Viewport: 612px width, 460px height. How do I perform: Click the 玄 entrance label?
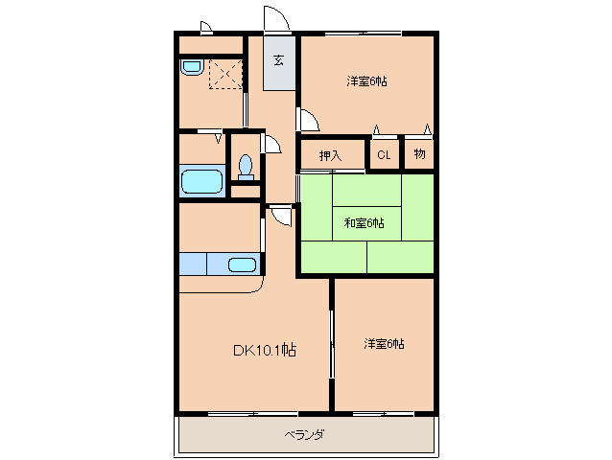[279, 60]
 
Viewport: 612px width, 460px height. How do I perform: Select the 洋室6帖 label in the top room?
[367, 81]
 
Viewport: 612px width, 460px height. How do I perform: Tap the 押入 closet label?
[330, 154]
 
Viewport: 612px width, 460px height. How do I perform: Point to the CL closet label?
[384, 154]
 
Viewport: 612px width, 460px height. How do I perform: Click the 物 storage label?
[419, 153]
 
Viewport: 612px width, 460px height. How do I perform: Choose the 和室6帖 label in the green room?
[365, 223]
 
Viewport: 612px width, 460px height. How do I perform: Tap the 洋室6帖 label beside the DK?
[384, 343]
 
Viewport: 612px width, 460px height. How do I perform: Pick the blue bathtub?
[200, 181]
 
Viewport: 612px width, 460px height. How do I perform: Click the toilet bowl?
[246, 166]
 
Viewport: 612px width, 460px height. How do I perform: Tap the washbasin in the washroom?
[191, 68]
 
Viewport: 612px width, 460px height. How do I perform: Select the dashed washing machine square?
[226, 73]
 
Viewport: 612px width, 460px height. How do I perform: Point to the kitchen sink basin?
[242, 264]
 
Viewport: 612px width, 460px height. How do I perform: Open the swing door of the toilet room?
[271, 144]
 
